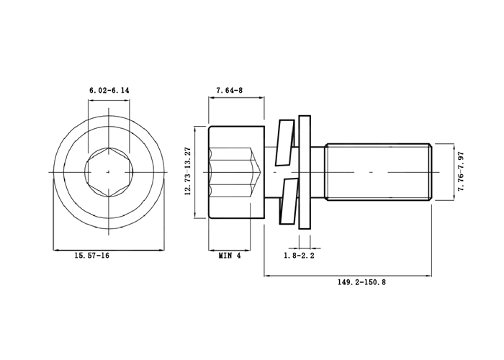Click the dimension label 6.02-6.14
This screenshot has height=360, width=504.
coord(109,90)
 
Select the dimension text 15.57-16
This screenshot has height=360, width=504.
coord(92,256)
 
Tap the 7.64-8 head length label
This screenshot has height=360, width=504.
coord(230,90)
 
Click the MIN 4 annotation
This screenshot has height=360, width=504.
coord(230,256)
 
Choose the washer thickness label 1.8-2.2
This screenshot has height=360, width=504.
coord(299,256)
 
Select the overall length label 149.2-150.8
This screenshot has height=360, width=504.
coord(361,282)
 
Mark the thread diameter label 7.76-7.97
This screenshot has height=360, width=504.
coord(462,171)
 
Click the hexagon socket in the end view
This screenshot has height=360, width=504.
coord(109,172)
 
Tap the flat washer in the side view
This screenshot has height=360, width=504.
coord(305,172)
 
